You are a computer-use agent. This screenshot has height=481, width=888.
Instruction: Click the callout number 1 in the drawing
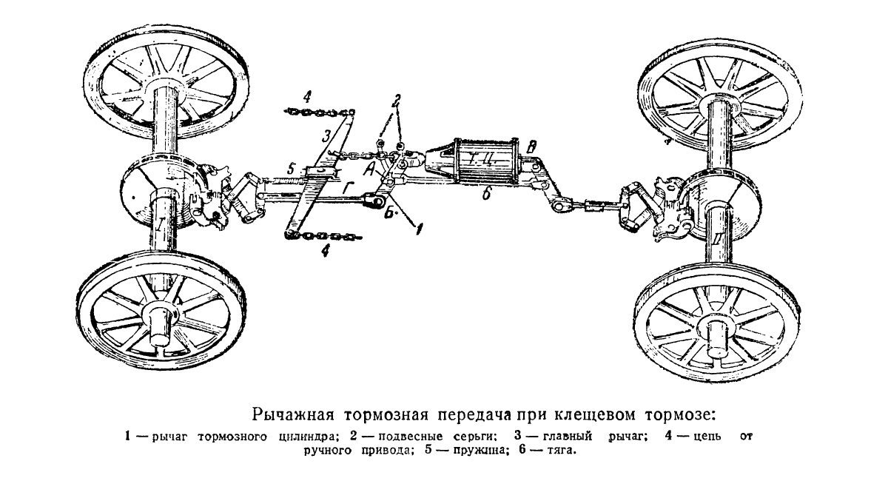tap(418, 229)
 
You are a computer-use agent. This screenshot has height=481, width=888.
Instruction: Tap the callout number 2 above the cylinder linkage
tap(397, 101)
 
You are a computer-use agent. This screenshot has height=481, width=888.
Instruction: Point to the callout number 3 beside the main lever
tap(326, 137)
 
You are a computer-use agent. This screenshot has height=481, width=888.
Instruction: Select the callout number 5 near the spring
tap(292, 169)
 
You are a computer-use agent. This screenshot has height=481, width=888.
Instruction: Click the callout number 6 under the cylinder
tap(487, 194)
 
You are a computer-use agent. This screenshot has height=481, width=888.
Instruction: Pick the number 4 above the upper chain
tap(307, 97)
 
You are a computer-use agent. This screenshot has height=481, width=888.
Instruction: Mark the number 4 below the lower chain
tap(326, 251)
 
